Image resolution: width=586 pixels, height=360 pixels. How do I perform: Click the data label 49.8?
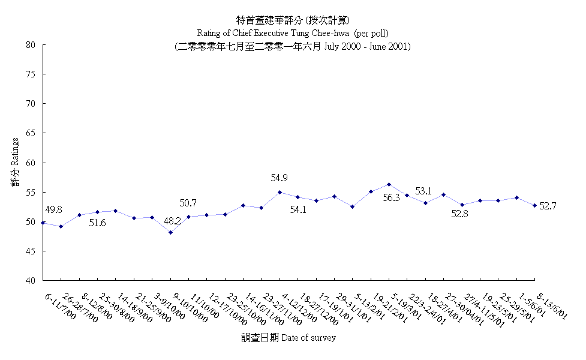point(53,209)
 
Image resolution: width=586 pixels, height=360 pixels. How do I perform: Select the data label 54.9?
point(280,178)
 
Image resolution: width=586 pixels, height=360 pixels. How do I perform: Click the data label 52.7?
point(548,206)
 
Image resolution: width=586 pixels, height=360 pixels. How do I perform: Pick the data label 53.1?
point(423,191)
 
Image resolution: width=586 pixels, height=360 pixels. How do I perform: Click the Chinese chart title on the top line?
point(293,20)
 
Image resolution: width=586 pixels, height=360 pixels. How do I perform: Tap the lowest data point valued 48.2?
point(170,232)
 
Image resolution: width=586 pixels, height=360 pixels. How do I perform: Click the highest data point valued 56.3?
point(389,184)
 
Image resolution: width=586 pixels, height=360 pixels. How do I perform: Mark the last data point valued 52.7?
point(534,205)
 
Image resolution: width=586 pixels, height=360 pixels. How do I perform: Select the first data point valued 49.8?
point(43,223)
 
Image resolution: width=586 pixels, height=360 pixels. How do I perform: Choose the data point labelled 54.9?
point(280,192)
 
